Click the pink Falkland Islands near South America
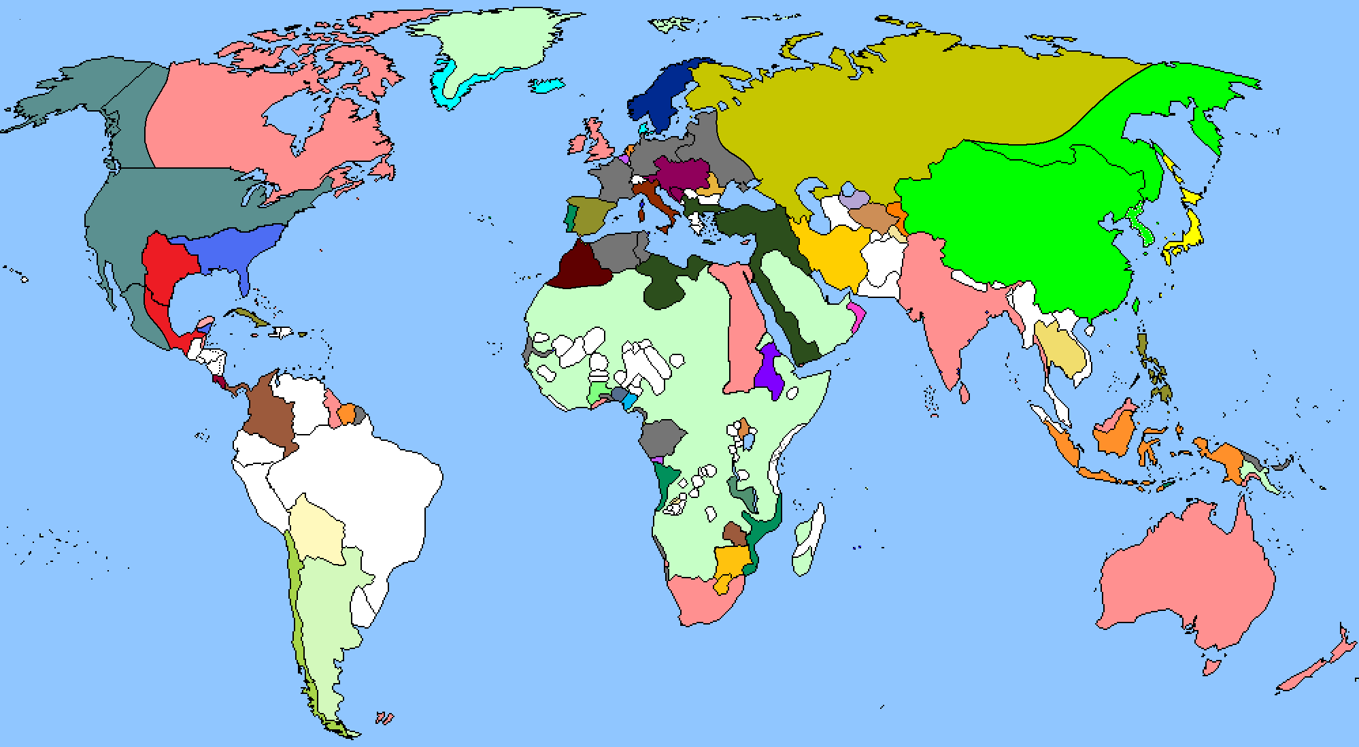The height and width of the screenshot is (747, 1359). [384, 718]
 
